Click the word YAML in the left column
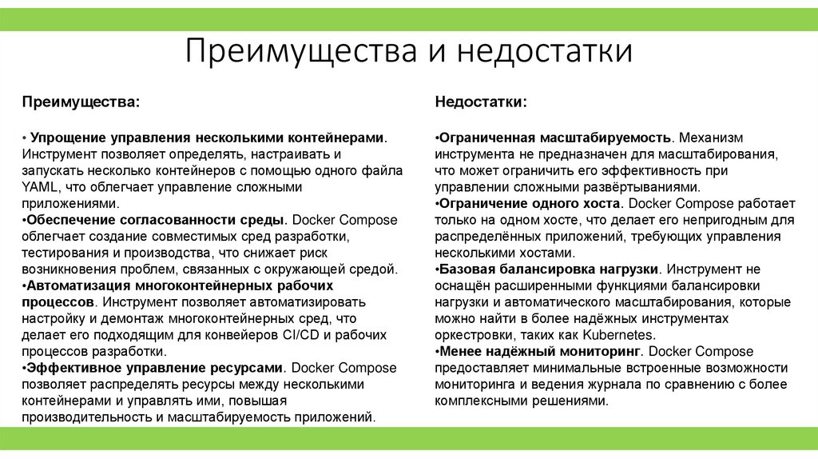point(36,186)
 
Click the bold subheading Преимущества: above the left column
point(79,102)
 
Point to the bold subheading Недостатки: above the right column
point(480,102)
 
